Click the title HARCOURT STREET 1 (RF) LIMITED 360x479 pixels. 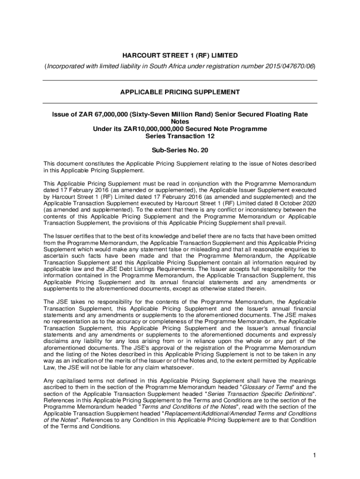point(180,56)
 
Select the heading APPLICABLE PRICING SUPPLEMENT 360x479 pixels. point(180,92)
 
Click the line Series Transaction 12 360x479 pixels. point(180,136)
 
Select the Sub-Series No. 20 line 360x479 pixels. point(180,150)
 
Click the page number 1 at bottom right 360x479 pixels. point(315,455)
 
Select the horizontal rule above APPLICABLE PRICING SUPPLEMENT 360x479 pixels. point(180,80)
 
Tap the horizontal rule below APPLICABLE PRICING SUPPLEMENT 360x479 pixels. point(180,103)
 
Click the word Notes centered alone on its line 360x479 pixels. point(180,122)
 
